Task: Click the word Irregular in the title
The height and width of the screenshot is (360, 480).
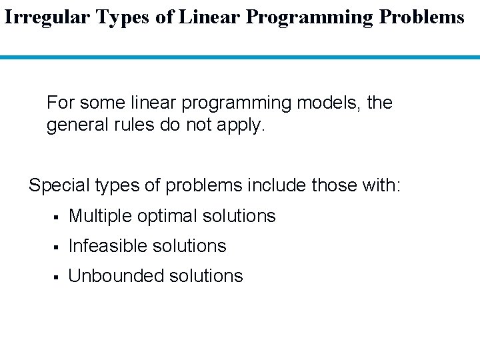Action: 47,17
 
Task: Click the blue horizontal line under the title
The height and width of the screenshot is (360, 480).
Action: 240,58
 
